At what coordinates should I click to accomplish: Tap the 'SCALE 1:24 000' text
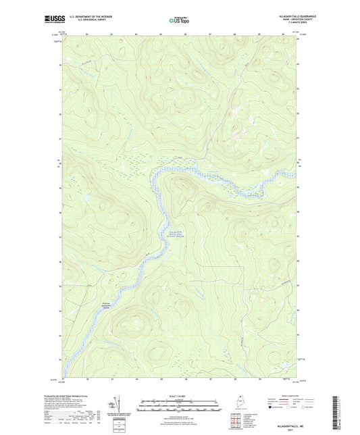pyautogui.click(x=180, y=396)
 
